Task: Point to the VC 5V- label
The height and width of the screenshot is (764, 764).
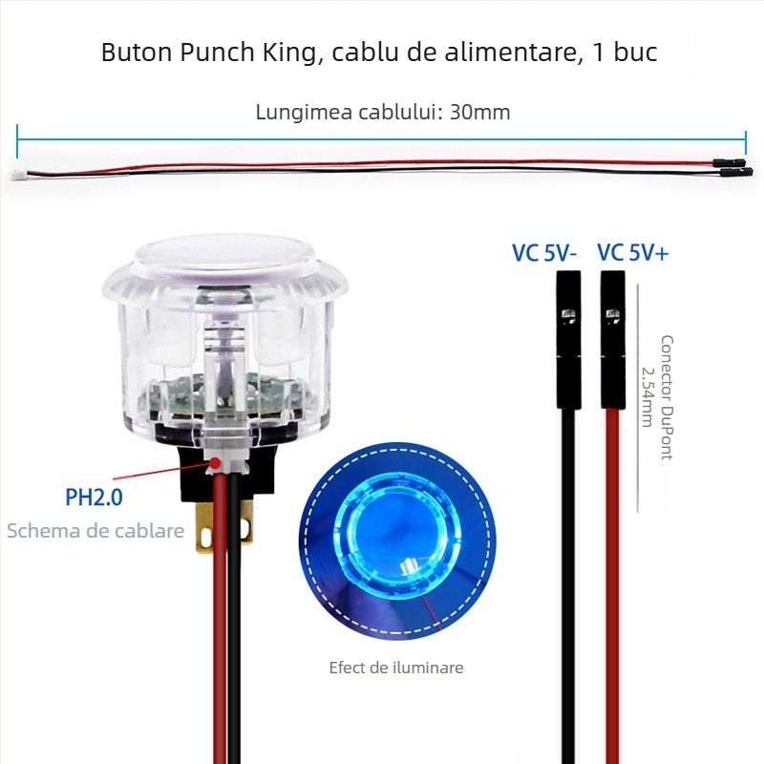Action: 544,253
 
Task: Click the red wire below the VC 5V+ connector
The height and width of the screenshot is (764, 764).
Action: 612,573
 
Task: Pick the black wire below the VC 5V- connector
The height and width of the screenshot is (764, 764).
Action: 568,573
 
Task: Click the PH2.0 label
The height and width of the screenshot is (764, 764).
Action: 94,497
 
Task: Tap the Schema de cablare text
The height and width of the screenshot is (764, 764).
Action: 95,531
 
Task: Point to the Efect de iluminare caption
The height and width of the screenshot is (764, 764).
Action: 395,668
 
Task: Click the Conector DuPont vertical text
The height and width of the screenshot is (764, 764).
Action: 667,396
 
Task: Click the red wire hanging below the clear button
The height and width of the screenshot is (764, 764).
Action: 219,621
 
